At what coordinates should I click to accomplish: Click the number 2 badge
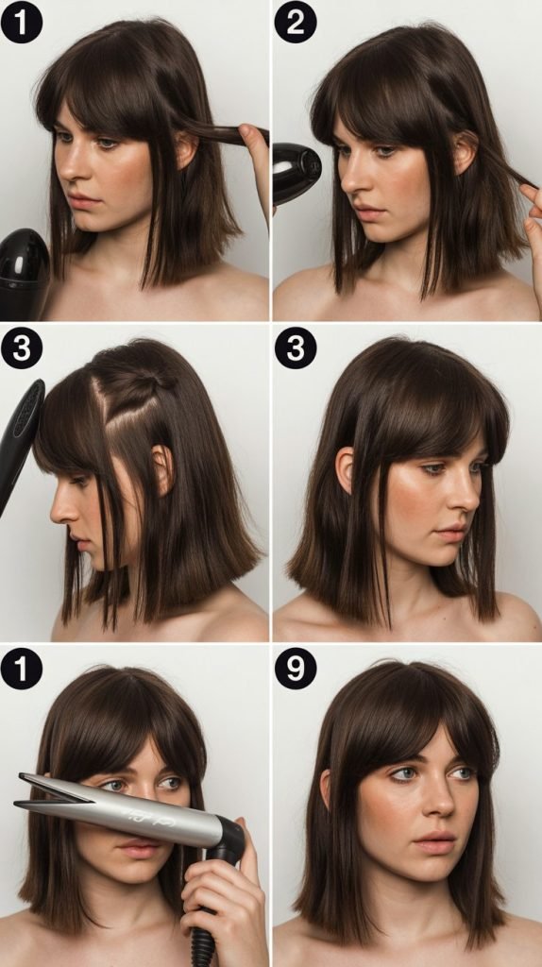295,23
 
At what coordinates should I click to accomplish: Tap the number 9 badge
295,669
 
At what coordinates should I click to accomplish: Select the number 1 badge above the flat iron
22,669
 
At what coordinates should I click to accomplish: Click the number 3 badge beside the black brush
22,348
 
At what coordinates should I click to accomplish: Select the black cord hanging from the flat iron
201,944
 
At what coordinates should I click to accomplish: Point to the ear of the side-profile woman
162,467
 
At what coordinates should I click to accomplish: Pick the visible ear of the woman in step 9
327,788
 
